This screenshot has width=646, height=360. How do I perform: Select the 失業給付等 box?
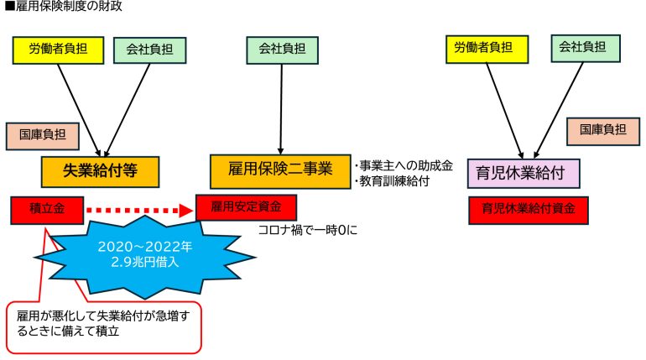(100, 170)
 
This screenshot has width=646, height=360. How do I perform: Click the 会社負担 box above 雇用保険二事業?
(280, 50)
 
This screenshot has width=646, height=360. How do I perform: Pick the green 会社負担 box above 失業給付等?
(149, 50)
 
